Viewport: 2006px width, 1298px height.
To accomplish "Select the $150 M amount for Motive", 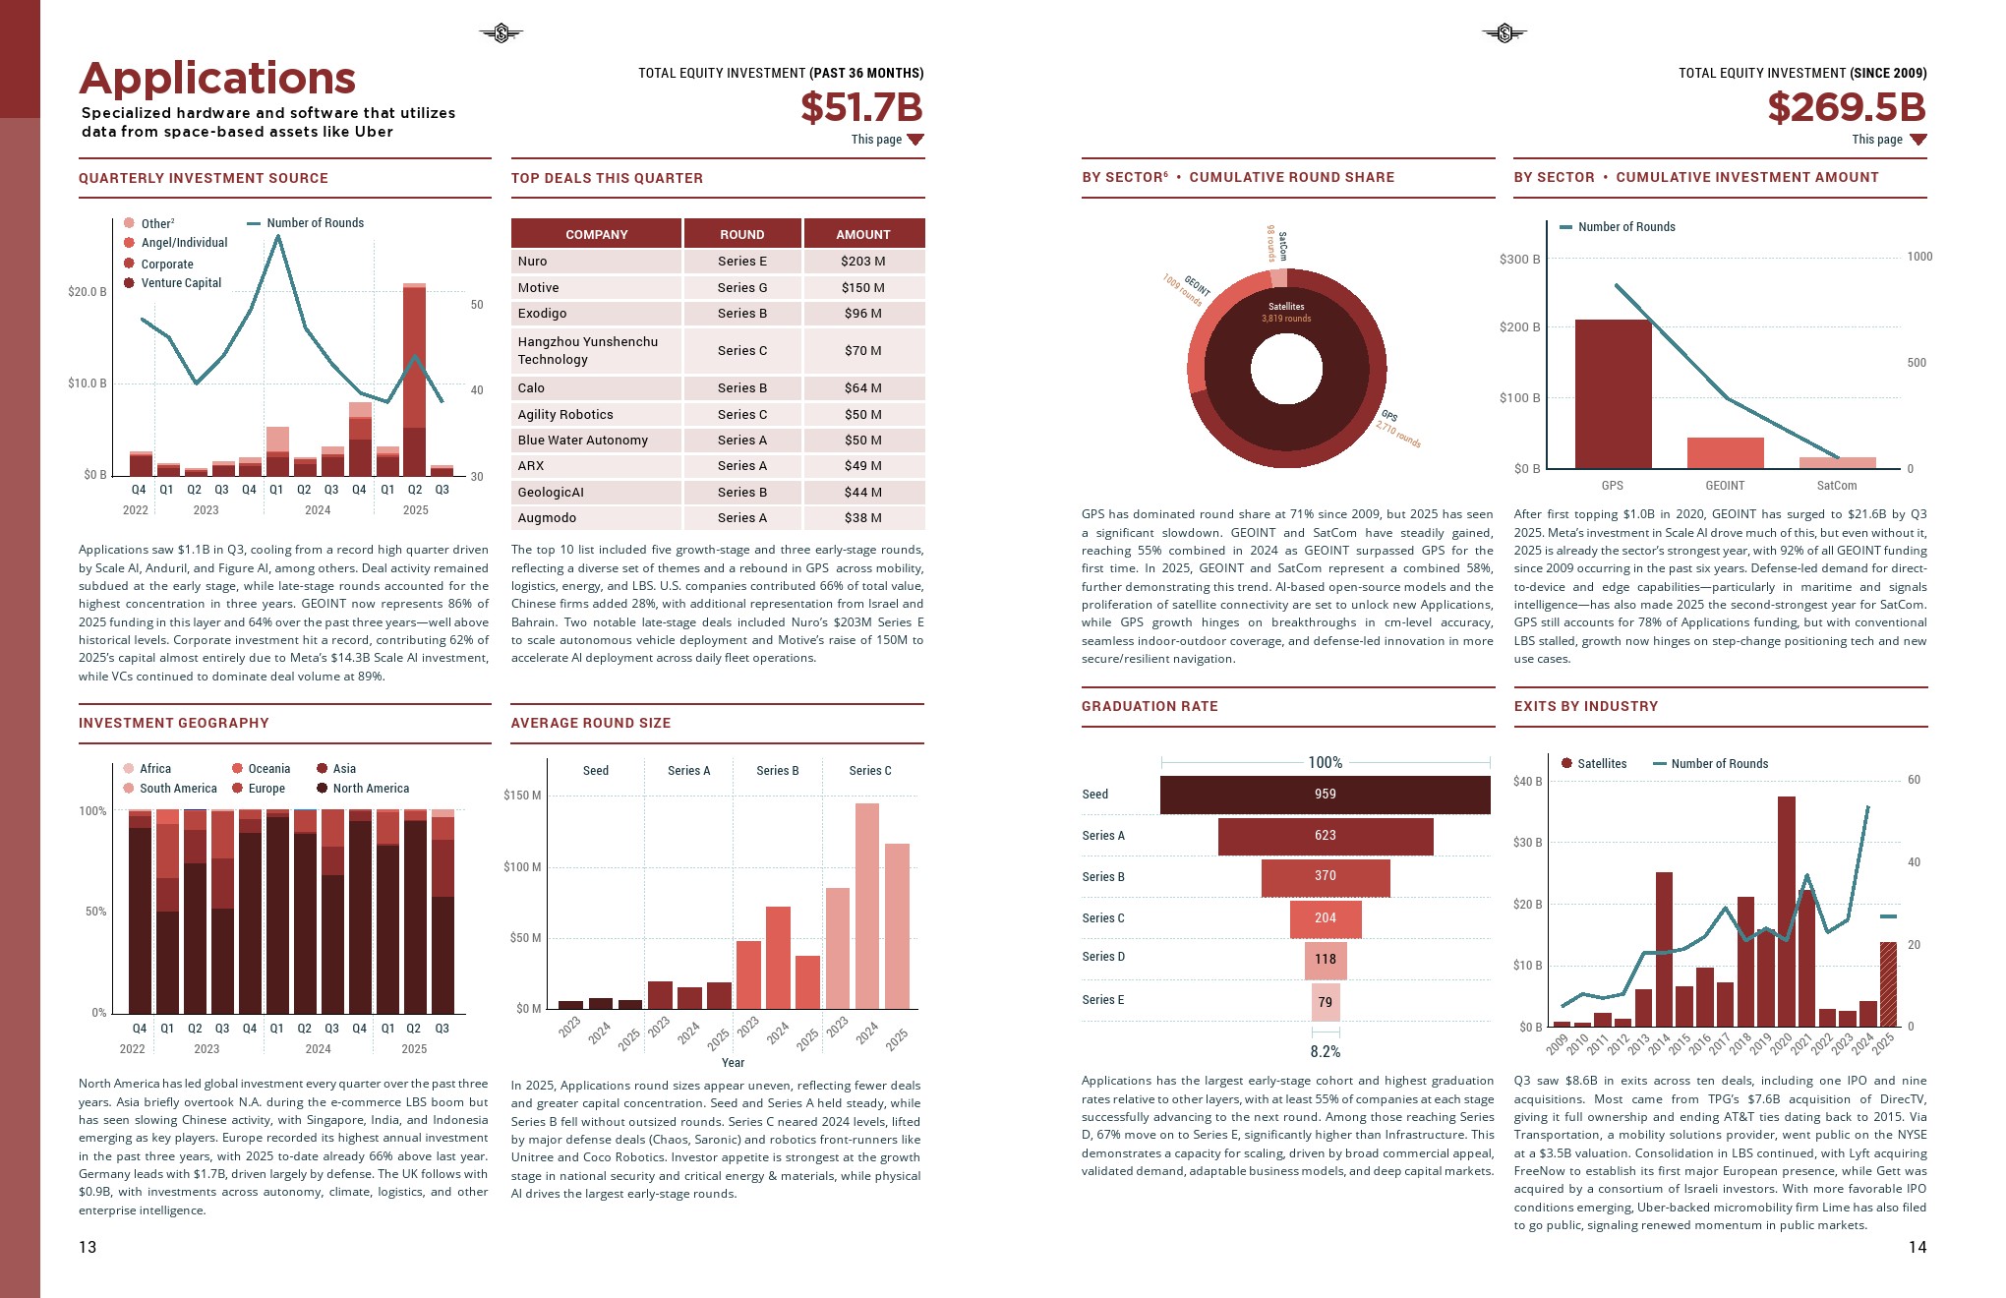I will coord(862,288).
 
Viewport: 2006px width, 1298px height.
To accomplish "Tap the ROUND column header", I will coord(741,234).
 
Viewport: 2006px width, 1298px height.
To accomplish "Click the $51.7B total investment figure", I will coord(861,107).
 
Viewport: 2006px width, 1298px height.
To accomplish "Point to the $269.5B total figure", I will coord(1846,107).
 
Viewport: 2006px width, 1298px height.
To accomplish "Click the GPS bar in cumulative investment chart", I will coord(1613,393).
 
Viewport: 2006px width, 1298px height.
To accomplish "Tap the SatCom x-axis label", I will coord(1836,486).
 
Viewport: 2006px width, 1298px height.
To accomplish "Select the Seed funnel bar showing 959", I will coord(1325,795).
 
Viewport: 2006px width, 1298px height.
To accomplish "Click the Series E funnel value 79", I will coord(1325,1002).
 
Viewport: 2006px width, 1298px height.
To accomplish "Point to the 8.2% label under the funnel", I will coord(1325,1052).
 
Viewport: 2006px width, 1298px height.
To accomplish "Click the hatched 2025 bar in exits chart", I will coord(1888,984).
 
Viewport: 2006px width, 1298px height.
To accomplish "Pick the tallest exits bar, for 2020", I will coord(1786,911).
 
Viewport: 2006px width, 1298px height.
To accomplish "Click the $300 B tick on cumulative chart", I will coord(1519,260).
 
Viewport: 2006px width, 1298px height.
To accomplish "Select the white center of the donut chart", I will coord(1286,369).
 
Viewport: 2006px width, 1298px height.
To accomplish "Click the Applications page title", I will coord(217,79).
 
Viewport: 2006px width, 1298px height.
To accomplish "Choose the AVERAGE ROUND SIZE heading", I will coord(590,723).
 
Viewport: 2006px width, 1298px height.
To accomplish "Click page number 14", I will coord(1917,1247).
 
